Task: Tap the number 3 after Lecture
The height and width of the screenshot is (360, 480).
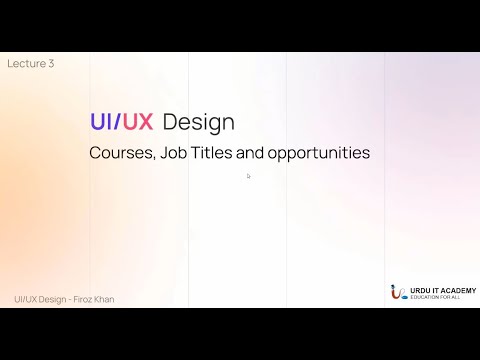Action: click(51, 64)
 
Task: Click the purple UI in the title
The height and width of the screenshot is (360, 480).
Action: click(101, 122)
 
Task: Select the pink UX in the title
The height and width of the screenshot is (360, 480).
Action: click(138, 122)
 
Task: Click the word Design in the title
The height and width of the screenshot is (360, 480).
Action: click(198, 122)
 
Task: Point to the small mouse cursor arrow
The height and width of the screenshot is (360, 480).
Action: click(248, 176)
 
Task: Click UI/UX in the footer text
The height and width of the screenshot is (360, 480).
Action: click(26, 299)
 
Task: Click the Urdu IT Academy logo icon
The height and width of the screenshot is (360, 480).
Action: click(398, 293)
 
